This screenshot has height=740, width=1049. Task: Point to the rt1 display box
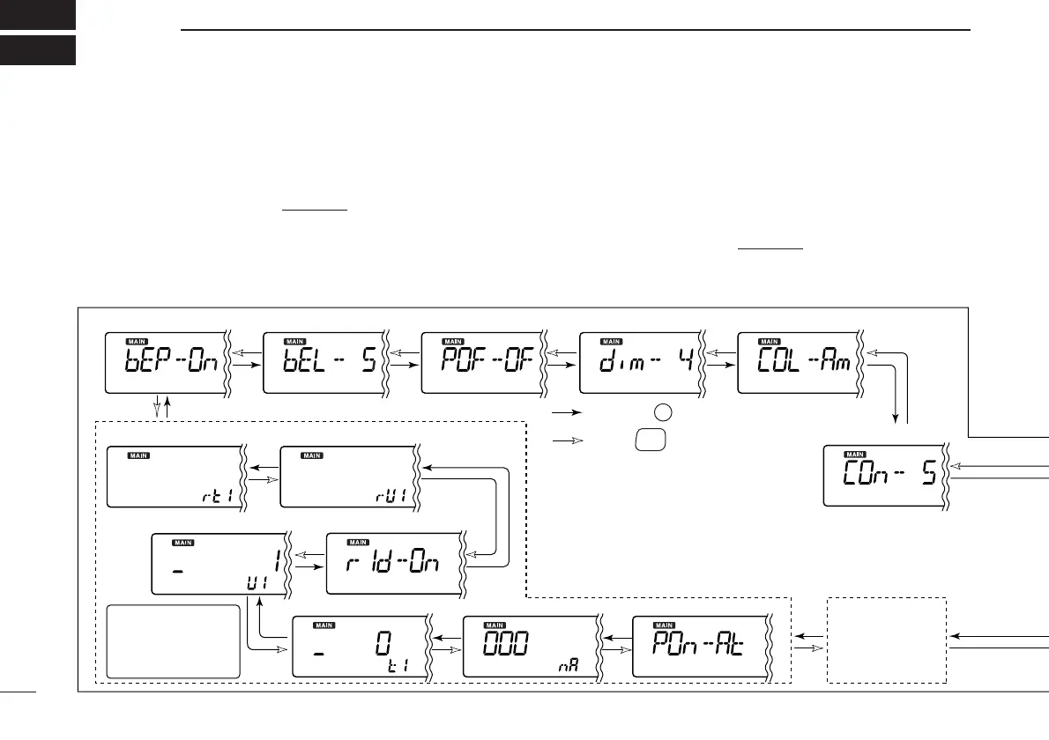175,477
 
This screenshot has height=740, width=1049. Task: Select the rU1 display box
347,477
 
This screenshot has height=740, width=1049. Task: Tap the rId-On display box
393,563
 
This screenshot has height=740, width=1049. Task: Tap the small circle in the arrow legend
662,412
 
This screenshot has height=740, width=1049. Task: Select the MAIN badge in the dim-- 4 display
611,341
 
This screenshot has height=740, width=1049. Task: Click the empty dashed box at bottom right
887,640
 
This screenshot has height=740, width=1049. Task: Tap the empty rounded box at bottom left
173,640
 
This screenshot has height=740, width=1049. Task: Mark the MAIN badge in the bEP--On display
138,341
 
